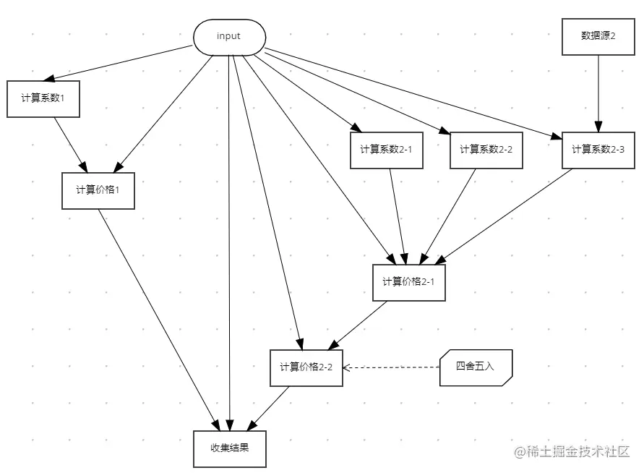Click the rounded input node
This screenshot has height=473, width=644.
coord(229,37)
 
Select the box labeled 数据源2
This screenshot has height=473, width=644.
coord(598,37)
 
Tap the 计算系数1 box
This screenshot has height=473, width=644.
coord(43,98)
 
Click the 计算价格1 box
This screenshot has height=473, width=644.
coord(98,190)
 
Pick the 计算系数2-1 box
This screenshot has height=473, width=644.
coord(386,150)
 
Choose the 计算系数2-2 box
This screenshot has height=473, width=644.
coord(486,150)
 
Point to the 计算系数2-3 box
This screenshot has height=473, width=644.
coord(598,150)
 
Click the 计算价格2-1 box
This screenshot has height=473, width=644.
coord(408,282)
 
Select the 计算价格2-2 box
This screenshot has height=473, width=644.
coord(306,367)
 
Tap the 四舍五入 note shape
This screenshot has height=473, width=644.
coord(476,367)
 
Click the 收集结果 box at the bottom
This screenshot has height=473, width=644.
coord(230,448)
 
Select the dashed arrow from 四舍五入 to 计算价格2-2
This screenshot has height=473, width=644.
coord(390,367)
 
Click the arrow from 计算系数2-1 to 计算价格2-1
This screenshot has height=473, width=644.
coord(398,217)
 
